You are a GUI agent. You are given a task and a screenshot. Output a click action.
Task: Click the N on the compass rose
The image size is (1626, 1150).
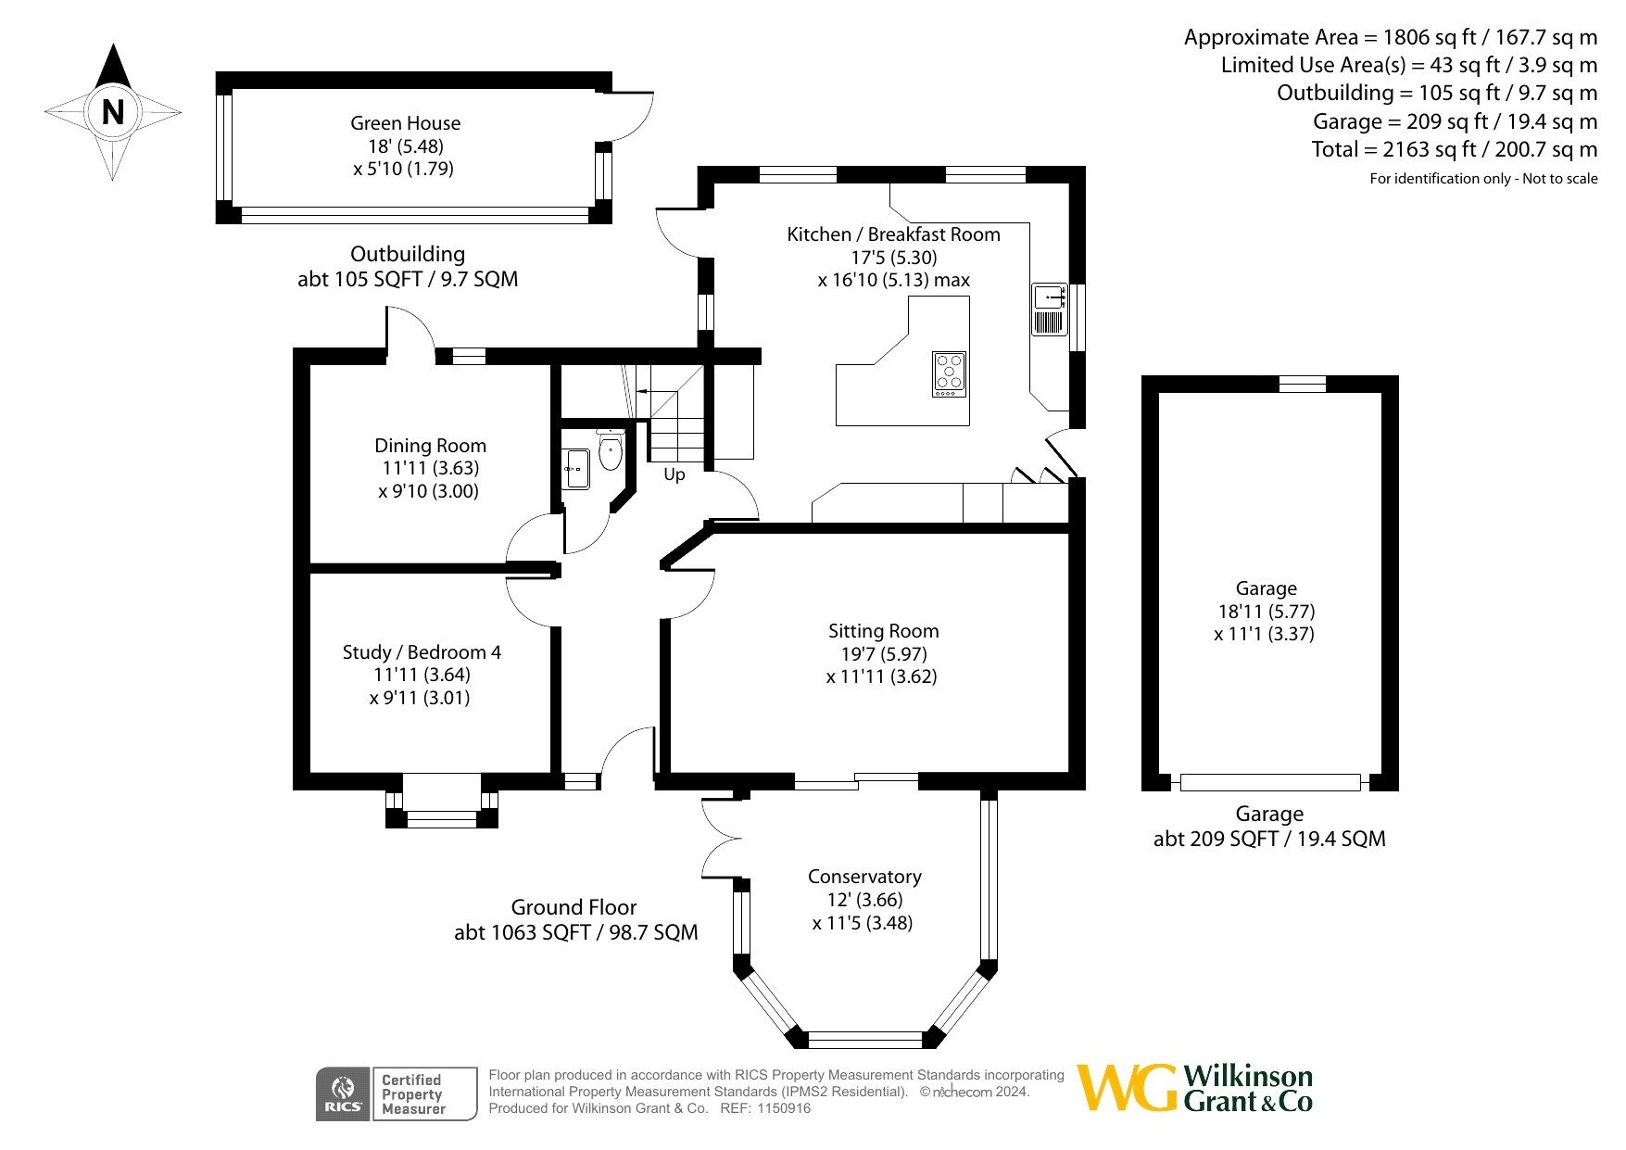(113, 112)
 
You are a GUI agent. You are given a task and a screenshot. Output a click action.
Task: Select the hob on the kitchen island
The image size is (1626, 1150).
(949, 374)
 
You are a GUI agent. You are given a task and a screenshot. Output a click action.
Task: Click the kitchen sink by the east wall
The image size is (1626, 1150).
(1050, 310)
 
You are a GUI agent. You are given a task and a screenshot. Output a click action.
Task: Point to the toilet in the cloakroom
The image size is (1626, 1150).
(610, 451)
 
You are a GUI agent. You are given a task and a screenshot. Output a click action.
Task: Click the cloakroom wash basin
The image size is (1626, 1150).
(575, 469)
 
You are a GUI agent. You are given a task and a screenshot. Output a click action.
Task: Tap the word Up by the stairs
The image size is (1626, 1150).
(674, 474)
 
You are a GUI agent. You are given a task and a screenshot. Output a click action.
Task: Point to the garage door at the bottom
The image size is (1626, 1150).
(1270, 782)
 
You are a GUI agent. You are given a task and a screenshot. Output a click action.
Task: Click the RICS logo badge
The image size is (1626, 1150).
(343, 1094)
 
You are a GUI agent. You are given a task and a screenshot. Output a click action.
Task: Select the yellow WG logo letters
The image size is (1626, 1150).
(1128, 1088)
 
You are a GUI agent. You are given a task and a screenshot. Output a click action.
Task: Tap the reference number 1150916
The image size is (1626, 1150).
(784, 1108)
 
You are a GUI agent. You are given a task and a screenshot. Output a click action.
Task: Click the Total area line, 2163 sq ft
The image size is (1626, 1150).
(1455, 149)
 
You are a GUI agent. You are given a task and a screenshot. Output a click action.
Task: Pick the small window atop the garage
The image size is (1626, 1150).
(1302, 384)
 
